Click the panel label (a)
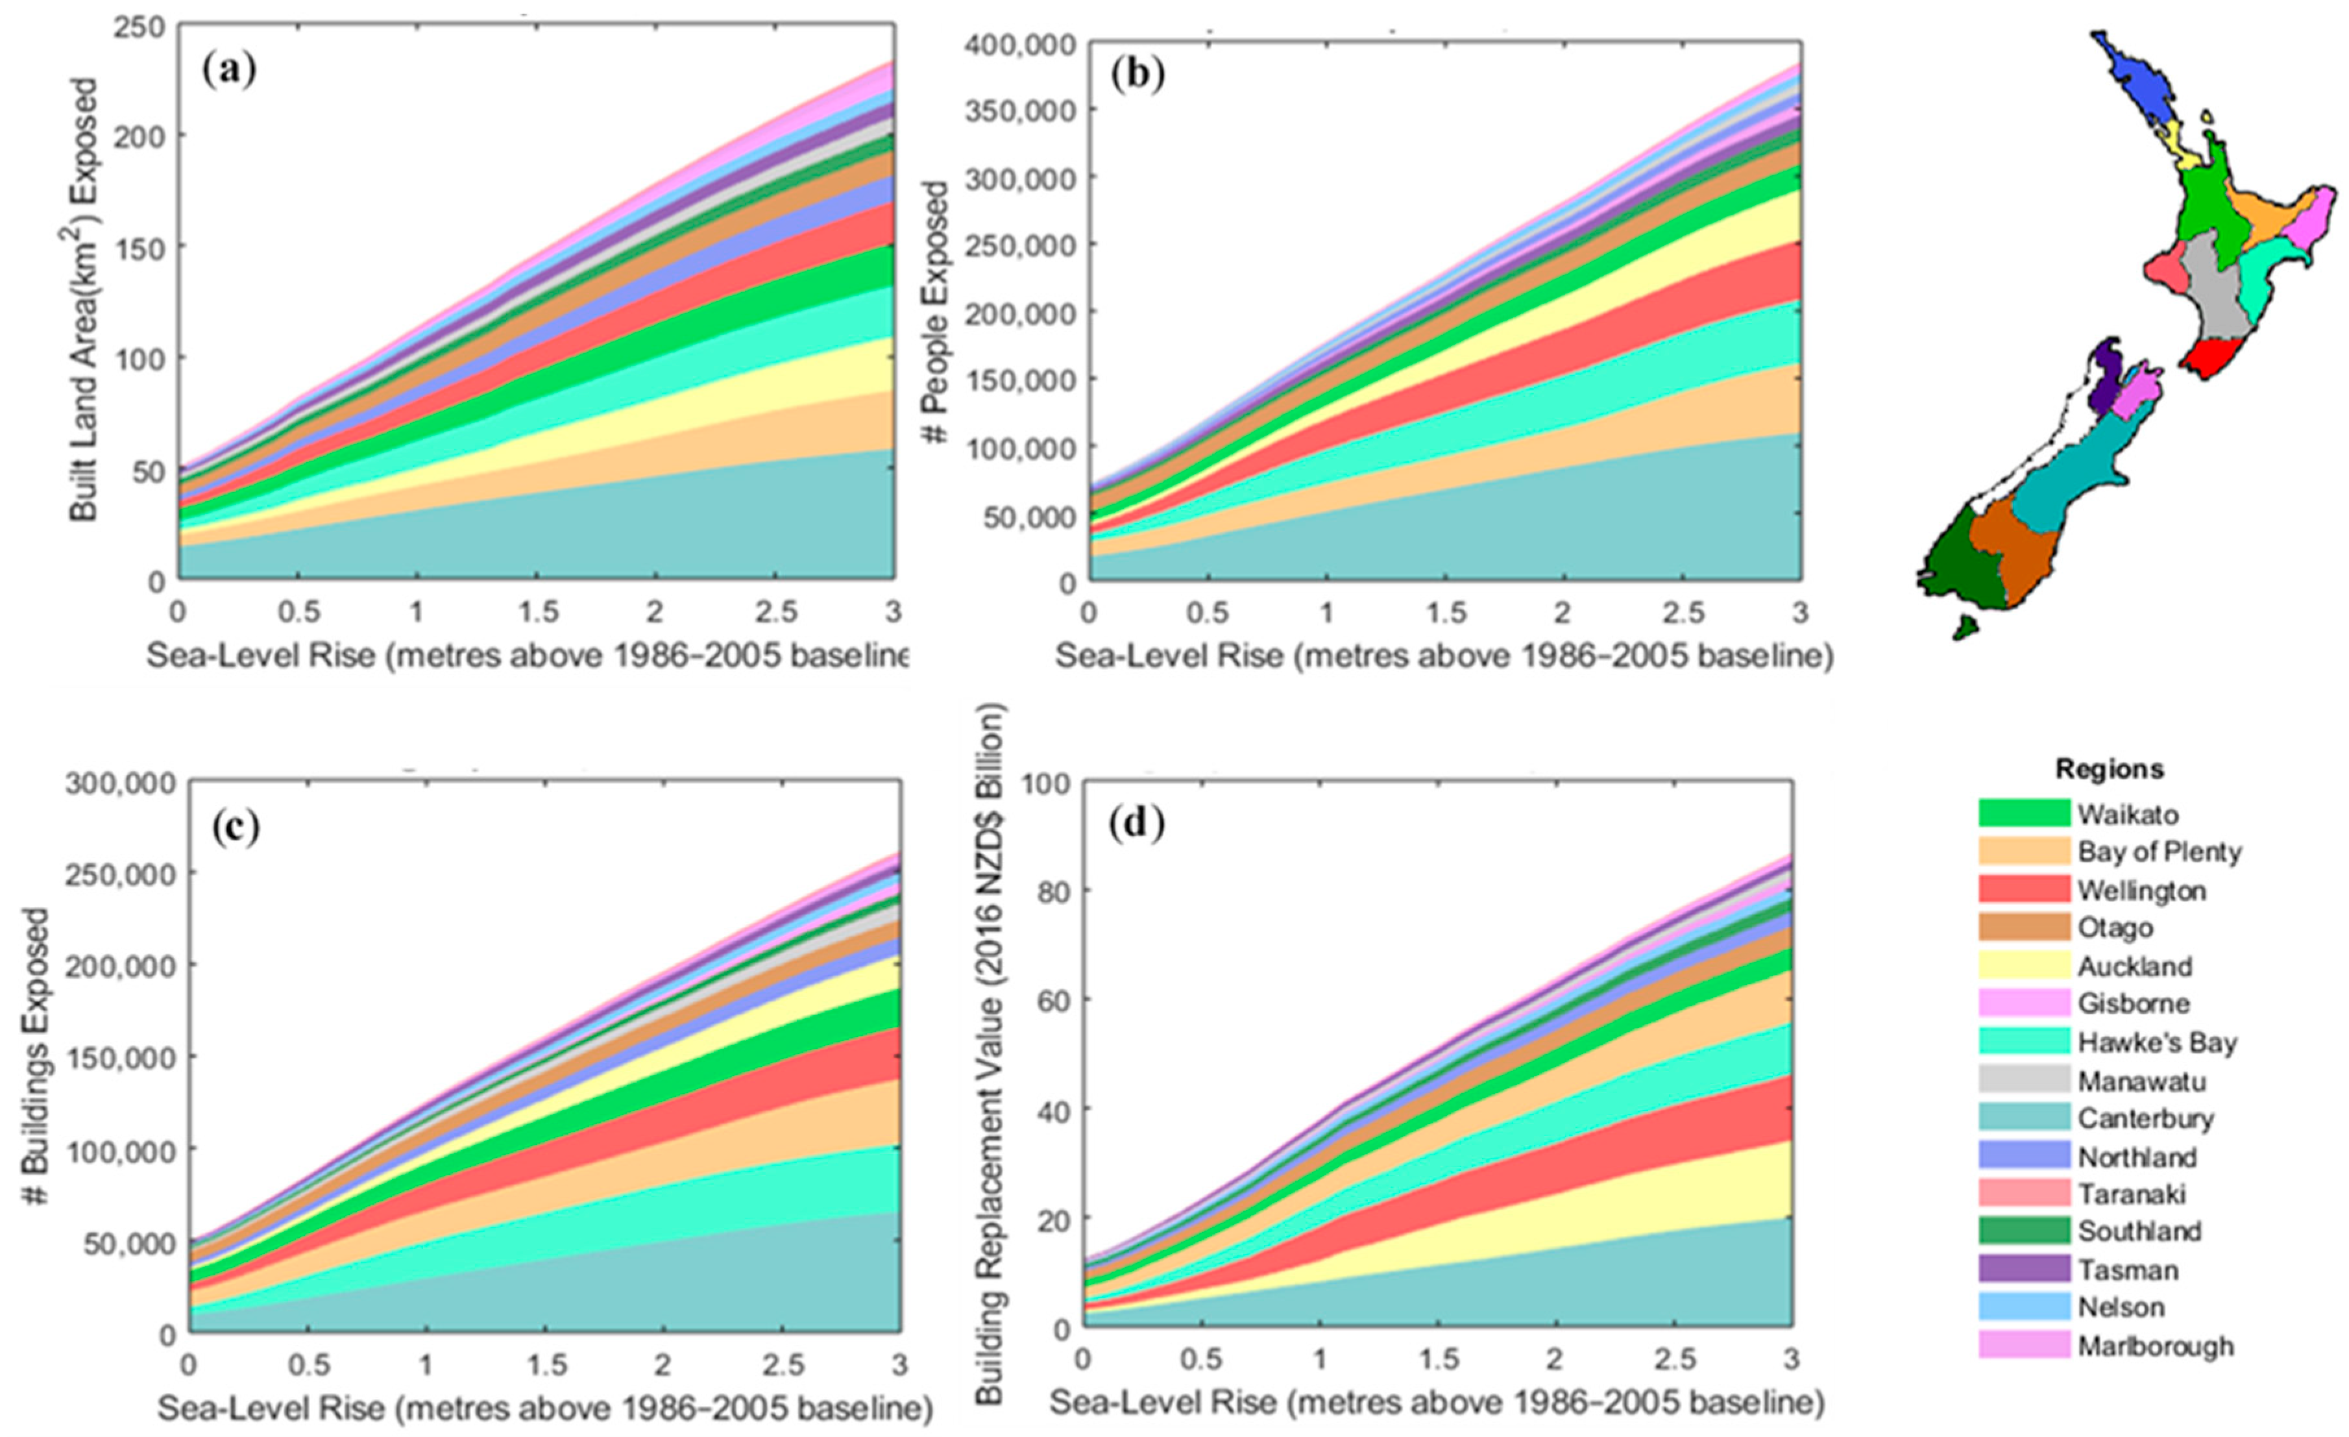[x=230, y=71]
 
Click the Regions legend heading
[x=2110, y=768]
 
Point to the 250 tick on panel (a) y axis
[x=138, y=27]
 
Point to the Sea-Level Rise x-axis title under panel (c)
[x=543, y=1409]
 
